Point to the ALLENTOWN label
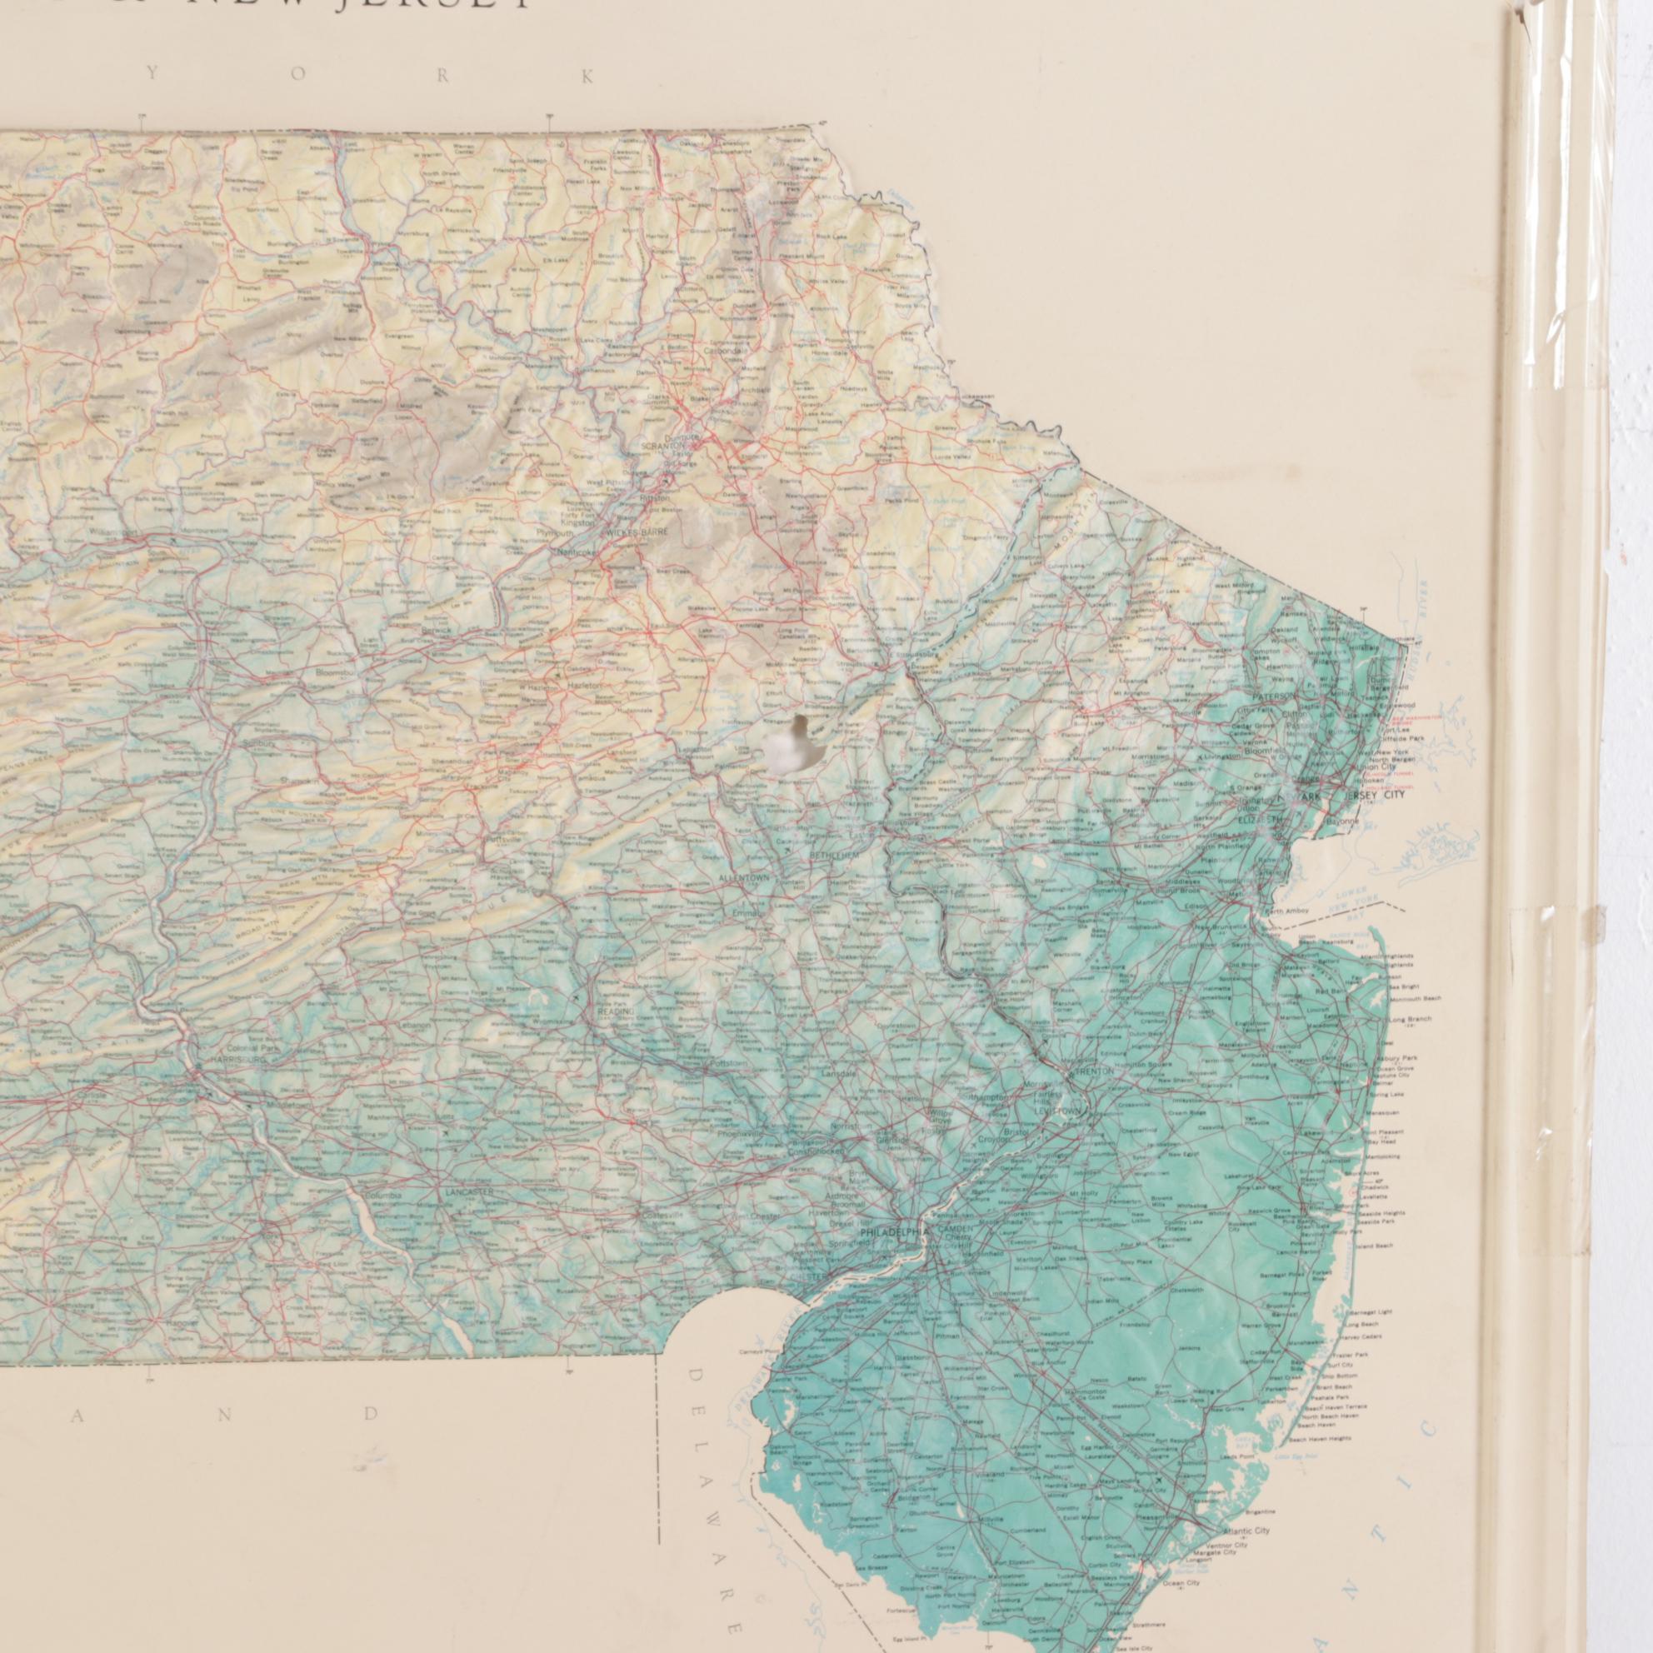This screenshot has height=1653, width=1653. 743,879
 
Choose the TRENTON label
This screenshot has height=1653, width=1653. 1096,1071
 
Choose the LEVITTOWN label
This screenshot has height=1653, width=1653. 1060,1111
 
